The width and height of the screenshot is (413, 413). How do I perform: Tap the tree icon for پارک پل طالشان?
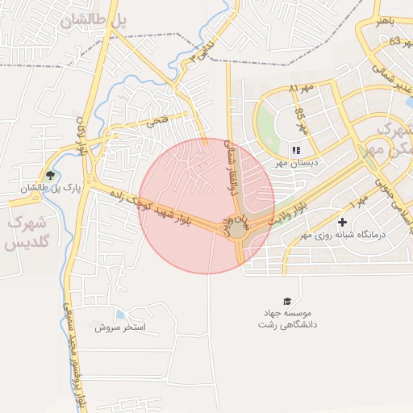[51, 175]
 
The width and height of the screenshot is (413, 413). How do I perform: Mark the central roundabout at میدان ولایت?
[239, 231]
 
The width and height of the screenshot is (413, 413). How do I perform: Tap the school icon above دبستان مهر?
[296, 149]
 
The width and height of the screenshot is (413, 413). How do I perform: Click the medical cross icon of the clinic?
[343, 222]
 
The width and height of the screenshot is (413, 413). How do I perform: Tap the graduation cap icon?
[287, 300]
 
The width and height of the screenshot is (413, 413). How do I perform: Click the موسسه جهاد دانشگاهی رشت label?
[287, 318]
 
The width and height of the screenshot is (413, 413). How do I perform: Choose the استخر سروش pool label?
[119, 327]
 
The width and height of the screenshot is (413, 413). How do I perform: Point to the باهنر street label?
[385, 21]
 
